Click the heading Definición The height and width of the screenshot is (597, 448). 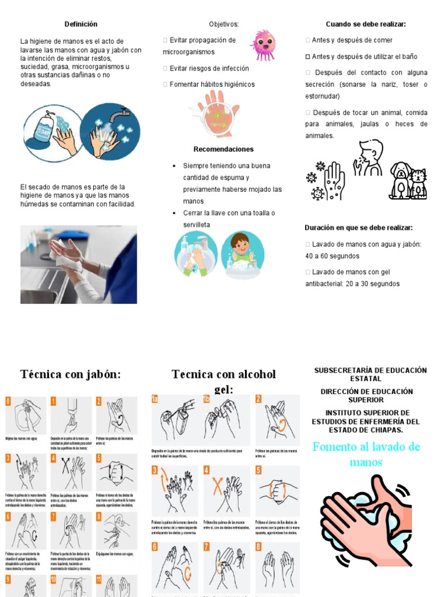(80, 24)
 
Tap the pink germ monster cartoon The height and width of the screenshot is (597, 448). (263, 44)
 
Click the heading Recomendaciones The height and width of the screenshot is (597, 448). (223, 149)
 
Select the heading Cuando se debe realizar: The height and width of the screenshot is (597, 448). (366, 24)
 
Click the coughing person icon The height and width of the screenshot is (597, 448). (369, 157)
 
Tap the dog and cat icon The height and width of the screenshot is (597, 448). (408, 181)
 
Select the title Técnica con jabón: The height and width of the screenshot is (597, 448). (71, 374)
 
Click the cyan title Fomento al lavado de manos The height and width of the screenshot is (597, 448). (366, 455)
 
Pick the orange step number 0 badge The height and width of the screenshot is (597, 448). (8, 401)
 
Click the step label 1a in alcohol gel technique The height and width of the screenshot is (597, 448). (155, 399)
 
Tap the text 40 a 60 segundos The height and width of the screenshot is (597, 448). (332, 256)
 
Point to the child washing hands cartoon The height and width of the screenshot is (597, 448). (242, 254)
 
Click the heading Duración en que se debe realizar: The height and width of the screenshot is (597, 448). (358, 227)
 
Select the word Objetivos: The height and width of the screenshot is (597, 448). (224, 24)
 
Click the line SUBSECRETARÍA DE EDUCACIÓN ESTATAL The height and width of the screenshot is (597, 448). (370, 374)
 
